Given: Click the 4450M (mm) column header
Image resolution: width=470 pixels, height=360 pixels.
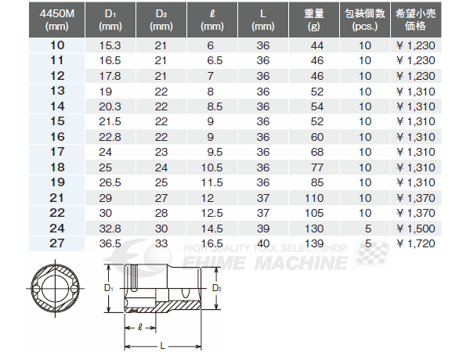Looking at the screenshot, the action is pos(56,20).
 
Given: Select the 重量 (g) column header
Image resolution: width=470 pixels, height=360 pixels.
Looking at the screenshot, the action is pos(314,20).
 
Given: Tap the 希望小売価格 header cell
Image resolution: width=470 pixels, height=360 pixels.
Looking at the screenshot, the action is pos(416,20).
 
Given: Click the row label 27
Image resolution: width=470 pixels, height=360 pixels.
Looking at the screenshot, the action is pos(57,243).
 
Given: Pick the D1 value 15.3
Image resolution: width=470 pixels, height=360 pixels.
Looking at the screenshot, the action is pos(110,45).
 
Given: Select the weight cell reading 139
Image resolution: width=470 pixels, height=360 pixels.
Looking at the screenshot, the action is pos(314,243).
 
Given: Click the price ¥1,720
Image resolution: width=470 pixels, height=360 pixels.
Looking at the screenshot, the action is pos(415,243).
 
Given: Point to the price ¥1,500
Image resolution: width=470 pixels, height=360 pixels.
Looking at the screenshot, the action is pos(415,229).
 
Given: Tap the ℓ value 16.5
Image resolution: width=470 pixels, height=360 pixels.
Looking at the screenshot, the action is pos(212,243).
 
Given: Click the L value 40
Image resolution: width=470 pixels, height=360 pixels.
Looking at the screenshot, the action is pos(263,243).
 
